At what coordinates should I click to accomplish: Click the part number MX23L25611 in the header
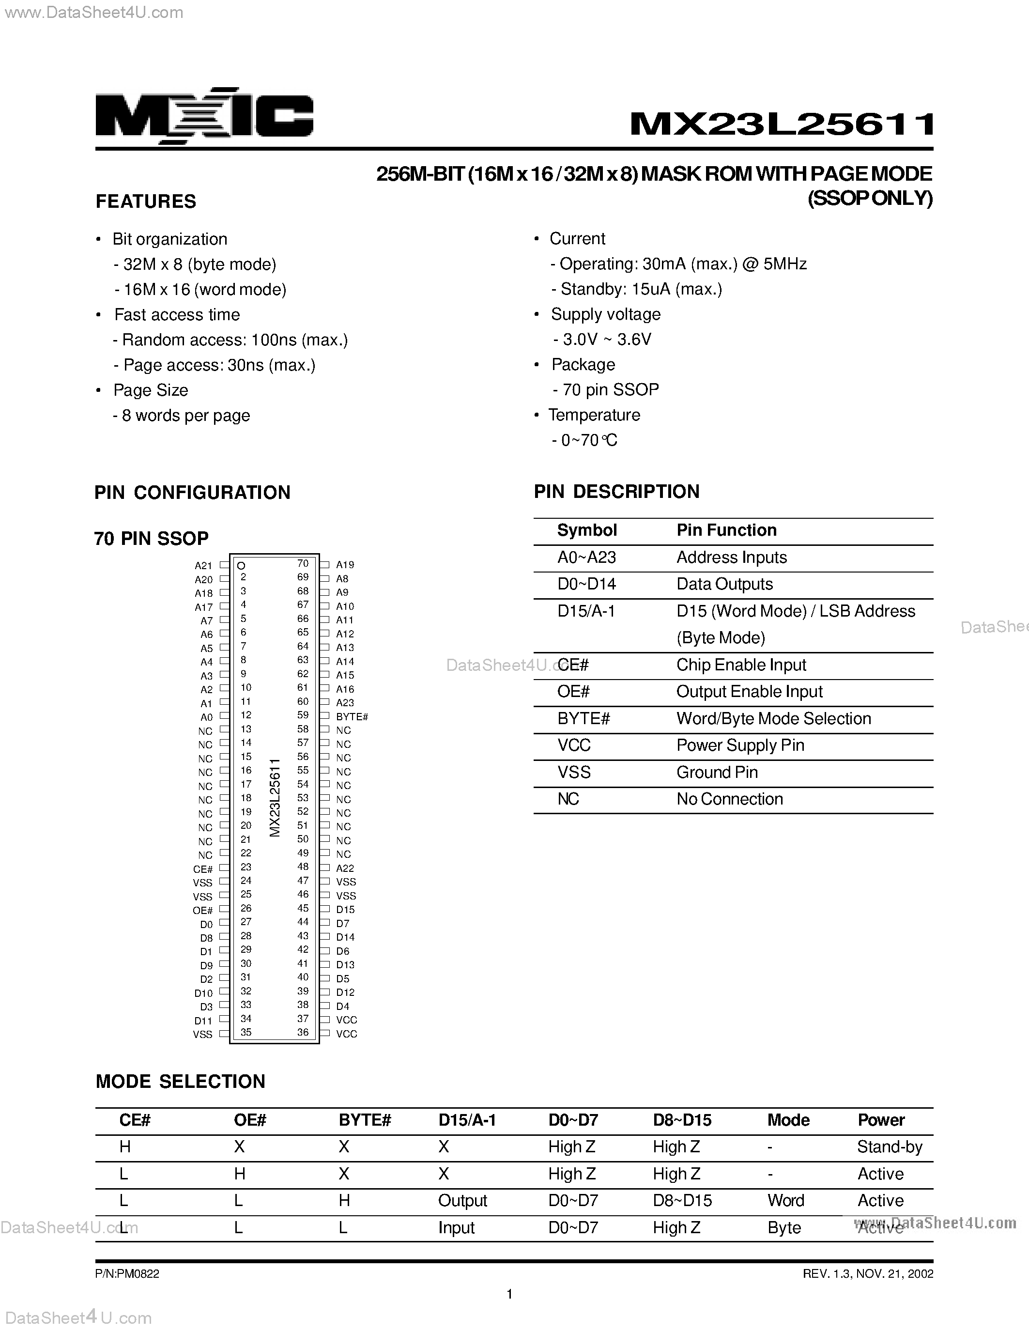[782, 124]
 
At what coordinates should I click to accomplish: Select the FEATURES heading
[146, 202]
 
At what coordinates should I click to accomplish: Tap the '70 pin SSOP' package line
[610, 390]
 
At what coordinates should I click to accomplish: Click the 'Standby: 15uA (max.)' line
[641, 289]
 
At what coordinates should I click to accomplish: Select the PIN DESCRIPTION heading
[616, 492]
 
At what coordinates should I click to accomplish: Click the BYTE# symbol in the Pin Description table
[584, 718]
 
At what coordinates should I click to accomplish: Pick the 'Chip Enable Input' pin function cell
[741, 665]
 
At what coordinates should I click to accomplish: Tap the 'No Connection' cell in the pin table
[729, 799]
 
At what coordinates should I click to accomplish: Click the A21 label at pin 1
[203, 566]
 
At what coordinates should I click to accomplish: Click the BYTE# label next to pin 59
[352, 717]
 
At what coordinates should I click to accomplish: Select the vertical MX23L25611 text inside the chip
[275, 798]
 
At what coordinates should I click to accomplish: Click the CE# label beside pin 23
[203, 869]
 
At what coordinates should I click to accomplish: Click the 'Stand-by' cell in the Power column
[890, 1147]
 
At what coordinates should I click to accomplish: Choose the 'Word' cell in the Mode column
[786, 1200]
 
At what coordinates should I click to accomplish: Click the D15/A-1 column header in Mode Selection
[467, 1120]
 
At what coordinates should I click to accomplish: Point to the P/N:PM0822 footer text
[127, 1274]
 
